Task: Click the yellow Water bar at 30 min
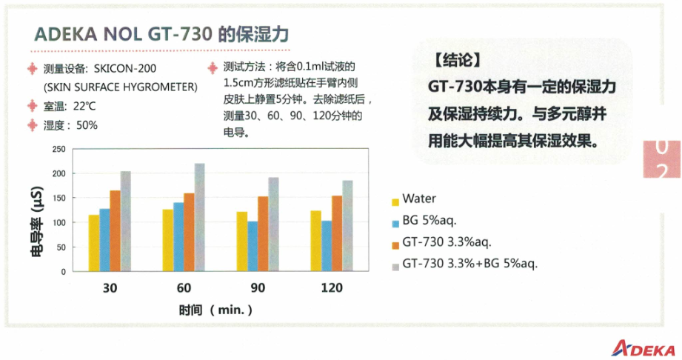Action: click(94, 243)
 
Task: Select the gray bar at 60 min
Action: click(200, 217)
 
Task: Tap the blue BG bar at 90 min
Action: click(253, 247)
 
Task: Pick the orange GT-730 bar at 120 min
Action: click(337, 233)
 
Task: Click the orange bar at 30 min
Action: click(115, 230)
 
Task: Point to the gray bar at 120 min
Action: click(347, 226)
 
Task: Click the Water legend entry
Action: click(414, 199)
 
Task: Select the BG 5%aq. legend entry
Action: click(424, 221)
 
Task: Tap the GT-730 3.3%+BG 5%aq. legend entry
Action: click(464, 264)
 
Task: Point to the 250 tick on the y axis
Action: click(58, 150)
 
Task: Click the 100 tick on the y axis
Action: click(58, 222)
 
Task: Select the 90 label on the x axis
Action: click(258, 287)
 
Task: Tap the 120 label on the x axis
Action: click(332, 287)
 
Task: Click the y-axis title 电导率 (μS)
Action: click(37, 221)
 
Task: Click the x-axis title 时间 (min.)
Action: click(215, 310)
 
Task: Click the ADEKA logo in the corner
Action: click(643, 348)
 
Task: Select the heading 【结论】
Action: click(457, 60)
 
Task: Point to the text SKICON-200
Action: click(125, 69)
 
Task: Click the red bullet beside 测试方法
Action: click(213, 68)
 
